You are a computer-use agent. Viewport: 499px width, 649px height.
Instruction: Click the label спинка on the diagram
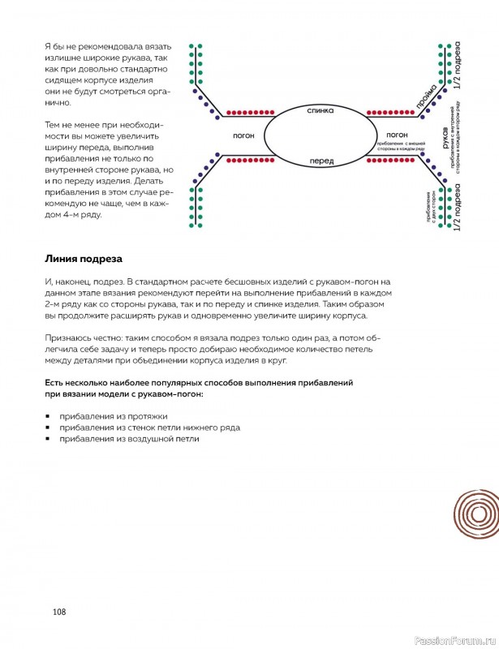pyautogui.click(x=320, y=110)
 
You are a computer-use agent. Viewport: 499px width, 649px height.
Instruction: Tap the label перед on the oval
pyautogui.click(x=321, y=161)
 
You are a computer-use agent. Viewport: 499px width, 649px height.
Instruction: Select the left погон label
pyautogui.click(x=245, y=135)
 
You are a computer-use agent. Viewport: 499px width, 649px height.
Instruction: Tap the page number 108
pyautogui.click(x=58, y=612)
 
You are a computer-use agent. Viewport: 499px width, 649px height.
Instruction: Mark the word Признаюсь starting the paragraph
pyautogui.click(x=70, y=336)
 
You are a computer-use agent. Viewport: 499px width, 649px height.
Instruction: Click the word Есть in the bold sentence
pyautogui.click(x=56, y=380)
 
